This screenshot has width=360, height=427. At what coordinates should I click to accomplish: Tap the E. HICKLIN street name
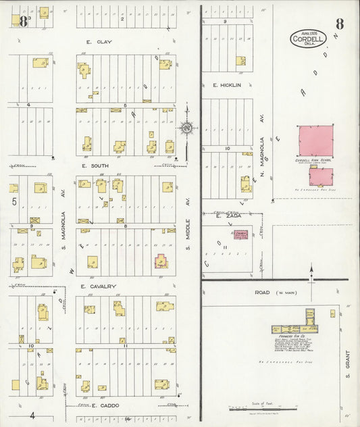(x=227, y=86)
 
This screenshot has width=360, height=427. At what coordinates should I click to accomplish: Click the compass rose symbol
(x=186, y=127)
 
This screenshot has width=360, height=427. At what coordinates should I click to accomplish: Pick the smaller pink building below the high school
(x=321, y=177)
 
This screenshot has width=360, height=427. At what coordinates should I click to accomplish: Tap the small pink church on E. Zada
(x=240, y=234)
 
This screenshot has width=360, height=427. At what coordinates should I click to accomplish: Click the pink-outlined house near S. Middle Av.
(x=161, y=260)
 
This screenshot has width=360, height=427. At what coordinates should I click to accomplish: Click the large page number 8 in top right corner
(x=339, y=24)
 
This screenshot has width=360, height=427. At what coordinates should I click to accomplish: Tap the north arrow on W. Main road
(x=311, y=272)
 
